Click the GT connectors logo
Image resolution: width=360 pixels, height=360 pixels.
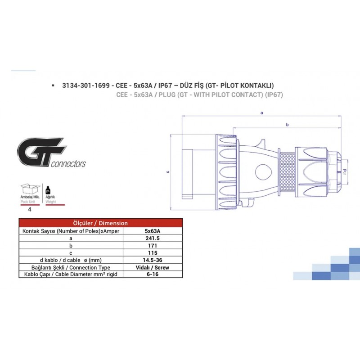click(51, 152)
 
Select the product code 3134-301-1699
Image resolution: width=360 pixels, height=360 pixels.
click(86, 85)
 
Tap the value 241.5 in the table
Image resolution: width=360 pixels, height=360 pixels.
click(153, 238)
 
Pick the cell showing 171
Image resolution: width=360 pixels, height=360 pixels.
click(153, 246)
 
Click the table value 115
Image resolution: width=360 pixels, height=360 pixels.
click(153, 253)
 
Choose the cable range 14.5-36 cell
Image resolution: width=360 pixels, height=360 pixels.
click(153, 260)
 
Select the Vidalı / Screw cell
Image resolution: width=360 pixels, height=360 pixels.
click(153, 267)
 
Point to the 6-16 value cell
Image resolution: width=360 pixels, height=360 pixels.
click(153, 274)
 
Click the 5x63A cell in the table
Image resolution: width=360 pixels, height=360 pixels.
click(153, 231)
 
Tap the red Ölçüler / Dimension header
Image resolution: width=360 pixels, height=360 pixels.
click(100, 223)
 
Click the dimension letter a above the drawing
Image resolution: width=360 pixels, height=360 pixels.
click(262, 113)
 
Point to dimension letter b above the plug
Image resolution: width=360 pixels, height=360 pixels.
click(287, 125)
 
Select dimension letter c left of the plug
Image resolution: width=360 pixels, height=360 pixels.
click(168, 172)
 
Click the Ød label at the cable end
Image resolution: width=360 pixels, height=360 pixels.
click(344, 171)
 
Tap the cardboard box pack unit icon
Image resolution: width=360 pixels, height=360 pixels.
click(30, 189)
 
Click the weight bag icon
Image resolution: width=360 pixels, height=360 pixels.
click(48, 190)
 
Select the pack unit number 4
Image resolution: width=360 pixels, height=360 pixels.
click(30, 209)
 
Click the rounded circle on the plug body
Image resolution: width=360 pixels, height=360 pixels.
click(264, 172)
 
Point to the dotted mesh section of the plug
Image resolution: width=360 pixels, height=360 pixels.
click(287, 172)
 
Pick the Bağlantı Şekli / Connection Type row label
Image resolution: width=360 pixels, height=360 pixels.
click(71, 267)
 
